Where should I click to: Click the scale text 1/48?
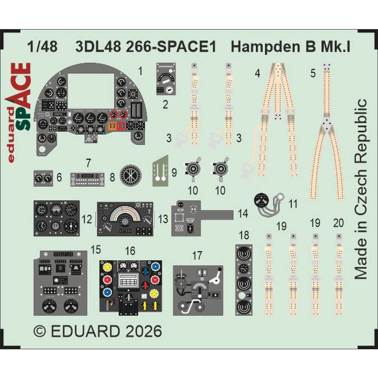(42, 48)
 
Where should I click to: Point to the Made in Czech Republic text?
(361, 189)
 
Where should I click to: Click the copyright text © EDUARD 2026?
(98, 332)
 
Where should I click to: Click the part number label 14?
(243, 214)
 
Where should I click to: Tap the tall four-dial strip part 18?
(244, 280)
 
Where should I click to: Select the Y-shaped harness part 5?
(327, 132)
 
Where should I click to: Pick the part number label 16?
(130, 251)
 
